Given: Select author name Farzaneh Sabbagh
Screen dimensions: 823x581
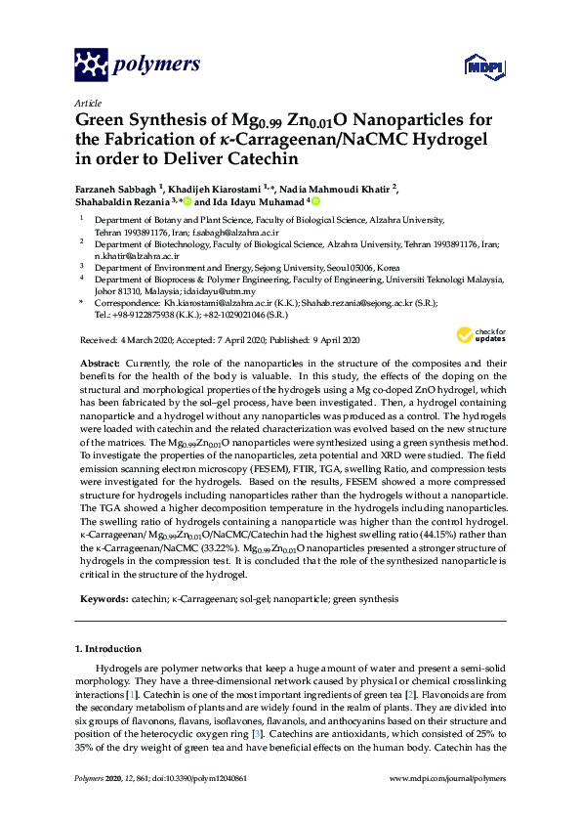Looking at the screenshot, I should point(120,188).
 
